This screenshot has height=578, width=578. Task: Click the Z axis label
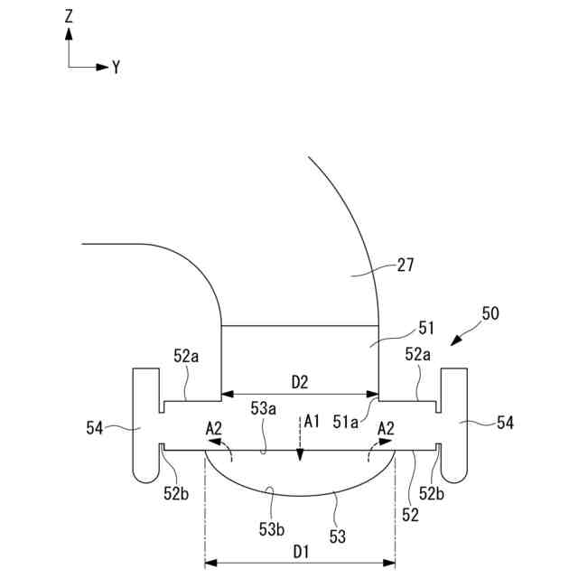click(70, 15)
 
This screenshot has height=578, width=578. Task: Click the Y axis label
click(117, 67)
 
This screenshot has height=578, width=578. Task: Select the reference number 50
click(490, 314)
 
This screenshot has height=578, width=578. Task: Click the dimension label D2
click(300, 382)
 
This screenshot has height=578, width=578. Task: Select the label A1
click(312, 420)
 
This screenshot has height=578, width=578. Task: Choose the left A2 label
click(213, 426)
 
